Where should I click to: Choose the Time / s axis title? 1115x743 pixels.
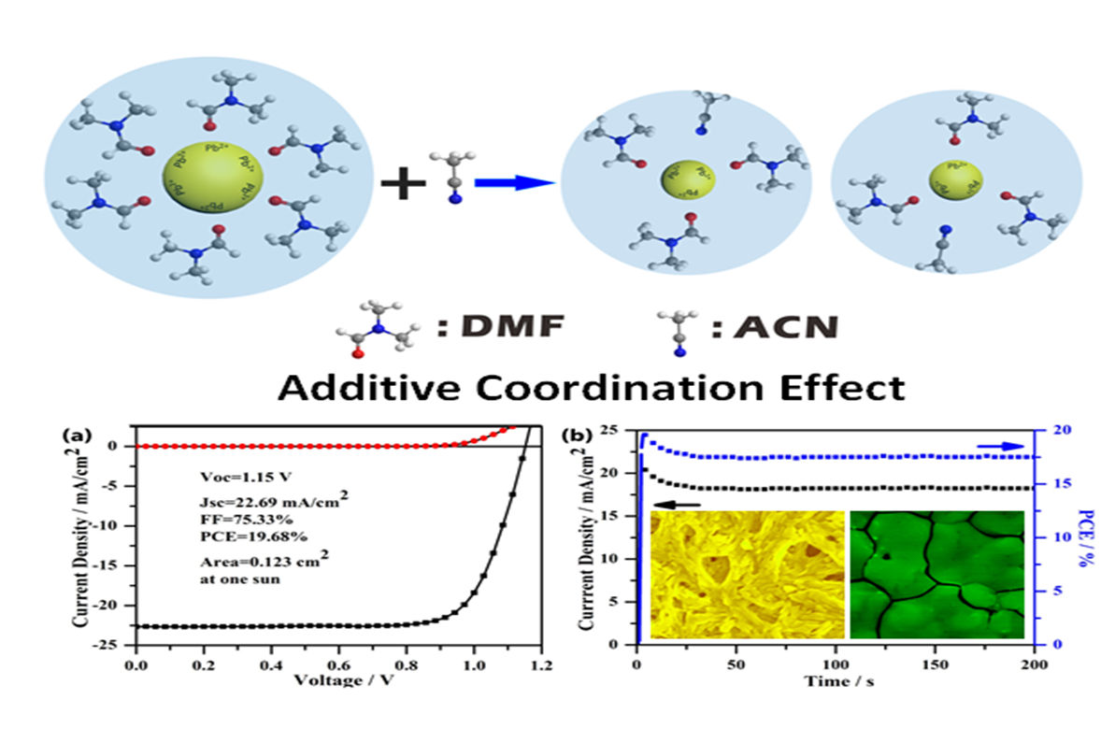(836, 681)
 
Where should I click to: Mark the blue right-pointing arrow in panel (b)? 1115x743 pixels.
(995, 447)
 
